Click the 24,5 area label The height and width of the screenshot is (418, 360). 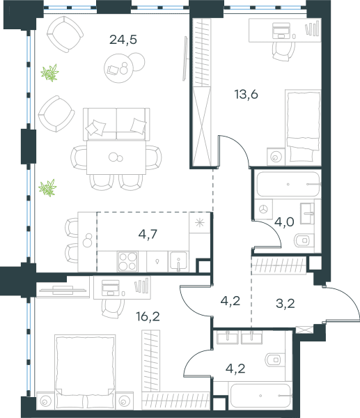click(x=123, y=40)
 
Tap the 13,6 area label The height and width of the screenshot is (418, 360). click(x=246, y=94)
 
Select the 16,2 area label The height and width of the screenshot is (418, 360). click(x=148, y=316)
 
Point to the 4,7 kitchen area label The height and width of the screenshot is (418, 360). click(x=148, y=234)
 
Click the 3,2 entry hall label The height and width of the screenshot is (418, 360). click(x=285, y=303)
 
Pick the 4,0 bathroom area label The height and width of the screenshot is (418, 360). click(x=284, y=222)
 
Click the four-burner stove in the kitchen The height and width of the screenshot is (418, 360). click(x=127, y=261)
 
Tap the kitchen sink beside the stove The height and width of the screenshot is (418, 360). click(x=178, y=261)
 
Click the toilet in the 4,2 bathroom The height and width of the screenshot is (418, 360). click(x=275, y=360)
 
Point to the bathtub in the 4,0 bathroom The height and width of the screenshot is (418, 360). click(x=288, y=184)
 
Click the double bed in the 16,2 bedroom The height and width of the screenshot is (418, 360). click(x=85, y=372)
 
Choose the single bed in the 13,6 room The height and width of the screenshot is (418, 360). click(x=303, y=127)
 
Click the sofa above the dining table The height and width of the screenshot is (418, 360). click(x=116, y=124)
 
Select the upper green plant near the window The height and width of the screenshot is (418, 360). click(x=50, y=72)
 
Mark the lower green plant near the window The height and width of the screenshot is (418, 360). click(x=47, y=187)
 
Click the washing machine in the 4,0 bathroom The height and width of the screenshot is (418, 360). click(x=263, y=209)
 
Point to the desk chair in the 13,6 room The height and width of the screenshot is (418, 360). click(x=284, y=51)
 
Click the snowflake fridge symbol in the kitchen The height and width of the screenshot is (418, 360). click(x=200, y=223)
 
